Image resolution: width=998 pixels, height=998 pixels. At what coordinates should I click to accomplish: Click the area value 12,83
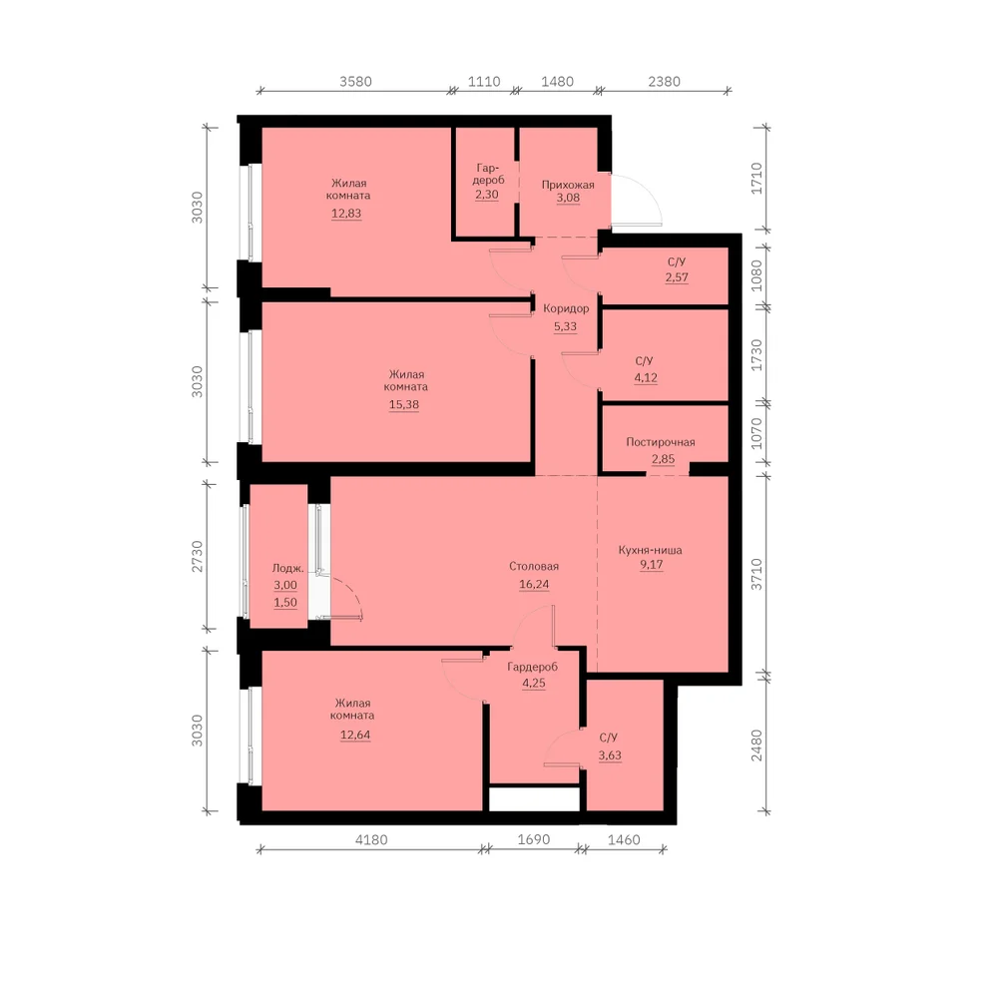pos(346,214)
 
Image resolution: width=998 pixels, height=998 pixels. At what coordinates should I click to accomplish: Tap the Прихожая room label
pos(568,186)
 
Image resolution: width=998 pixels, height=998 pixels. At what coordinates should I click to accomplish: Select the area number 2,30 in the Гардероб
pos(487,195)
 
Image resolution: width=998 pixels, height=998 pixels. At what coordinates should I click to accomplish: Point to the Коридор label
pos(566,308)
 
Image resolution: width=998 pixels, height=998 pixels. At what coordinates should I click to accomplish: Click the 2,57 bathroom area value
pos(677,276)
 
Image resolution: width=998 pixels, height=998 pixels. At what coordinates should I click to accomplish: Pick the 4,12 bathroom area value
pos(646,377)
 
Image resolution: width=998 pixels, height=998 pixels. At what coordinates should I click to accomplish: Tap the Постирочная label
pos(661,442)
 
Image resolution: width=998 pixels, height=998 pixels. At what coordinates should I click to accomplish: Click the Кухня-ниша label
pos(650,550)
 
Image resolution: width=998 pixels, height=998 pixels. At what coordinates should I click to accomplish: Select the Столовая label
pos(534,567)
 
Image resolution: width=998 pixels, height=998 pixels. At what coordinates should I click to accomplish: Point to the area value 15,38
pos(404,404)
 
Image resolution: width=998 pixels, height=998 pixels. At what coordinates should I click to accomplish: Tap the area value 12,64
pos(355,735)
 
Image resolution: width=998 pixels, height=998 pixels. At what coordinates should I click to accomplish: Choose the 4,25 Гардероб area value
pos(534,683)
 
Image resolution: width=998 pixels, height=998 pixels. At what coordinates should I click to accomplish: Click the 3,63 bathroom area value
pos(610,755)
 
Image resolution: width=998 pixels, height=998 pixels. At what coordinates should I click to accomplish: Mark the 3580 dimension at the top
pos(356,82)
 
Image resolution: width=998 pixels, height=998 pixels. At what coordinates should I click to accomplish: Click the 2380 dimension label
pos(665,82)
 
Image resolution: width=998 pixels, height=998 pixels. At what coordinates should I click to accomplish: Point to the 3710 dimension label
pos(756,574)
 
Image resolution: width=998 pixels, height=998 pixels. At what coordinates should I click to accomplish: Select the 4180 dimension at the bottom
pos(371,839)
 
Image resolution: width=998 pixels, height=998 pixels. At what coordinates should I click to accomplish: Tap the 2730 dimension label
pos(198,556)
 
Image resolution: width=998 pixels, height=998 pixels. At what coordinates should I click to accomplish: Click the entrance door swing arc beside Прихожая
pos(651,190)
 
